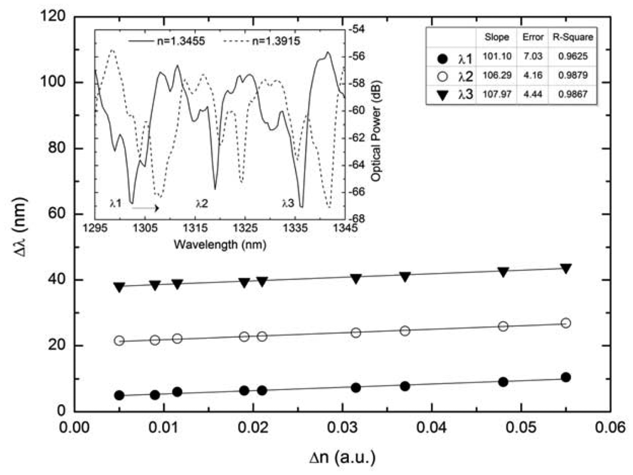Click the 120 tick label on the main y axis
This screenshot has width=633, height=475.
[53, 16]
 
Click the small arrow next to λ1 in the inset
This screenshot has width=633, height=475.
[145, 206]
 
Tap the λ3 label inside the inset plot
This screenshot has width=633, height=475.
[288, 203]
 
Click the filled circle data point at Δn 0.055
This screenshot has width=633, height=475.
[566, 377]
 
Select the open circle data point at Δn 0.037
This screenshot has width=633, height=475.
[405, 331]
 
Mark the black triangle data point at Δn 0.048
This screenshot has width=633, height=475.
[503, 272]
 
